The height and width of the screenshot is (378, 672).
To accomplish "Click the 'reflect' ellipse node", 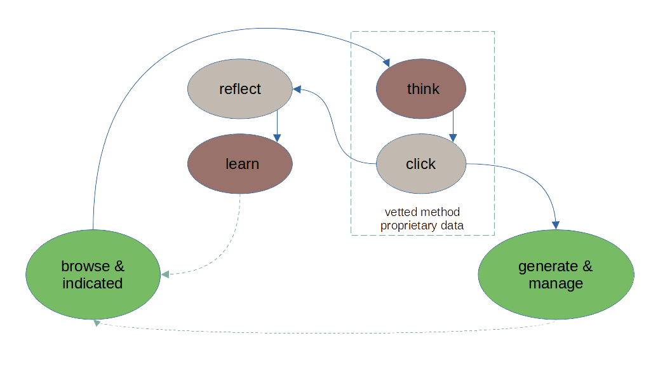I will tap(239, 89).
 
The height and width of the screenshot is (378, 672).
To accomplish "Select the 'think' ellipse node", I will tap(422, 89).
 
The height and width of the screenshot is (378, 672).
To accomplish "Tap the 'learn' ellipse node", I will tap(241, 164).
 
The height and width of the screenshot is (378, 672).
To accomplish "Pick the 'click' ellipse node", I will tap(420, 164).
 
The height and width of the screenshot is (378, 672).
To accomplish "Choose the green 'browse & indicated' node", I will tap(92, 274).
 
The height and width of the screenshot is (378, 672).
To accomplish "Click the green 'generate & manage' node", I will tap(555, 274).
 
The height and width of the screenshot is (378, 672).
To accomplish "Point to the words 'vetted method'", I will tap(422, 212).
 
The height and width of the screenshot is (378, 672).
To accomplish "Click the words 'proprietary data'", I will tap(422, 226).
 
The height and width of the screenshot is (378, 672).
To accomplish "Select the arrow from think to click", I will tap(452, 126).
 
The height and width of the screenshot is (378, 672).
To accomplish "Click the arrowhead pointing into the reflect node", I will tap(297, 90).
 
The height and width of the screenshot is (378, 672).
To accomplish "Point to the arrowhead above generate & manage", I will tap(556, 224).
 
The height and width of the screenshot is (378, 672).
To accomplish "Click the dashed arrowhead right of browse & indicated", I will tap(165, 274).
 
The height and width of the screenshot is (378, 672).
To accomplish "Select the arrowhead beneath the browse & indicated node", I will tap(97, 323).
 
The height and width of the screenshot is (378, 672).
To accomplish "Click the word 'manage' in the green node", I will tap(555, 283).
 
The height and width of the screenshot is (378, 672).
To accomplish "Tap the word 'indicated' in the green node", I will tap(92, 283).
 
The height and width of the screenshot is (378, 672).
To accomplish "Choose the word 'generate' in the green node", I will tap(548, 266).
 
